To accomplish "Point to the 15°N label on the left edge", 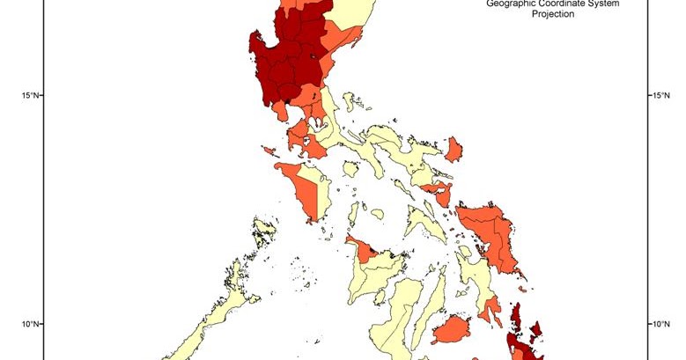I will coord(30,95).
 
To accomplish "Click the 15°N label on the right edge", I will coord(660,95).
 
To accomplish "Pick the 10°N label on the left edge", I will coord(30,324).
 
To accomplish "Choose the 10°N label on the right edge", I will coord(660,324).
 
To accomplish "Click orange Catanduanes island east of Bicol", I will coord(454,149).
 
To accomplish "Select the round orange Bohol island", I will coord(452,330).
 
